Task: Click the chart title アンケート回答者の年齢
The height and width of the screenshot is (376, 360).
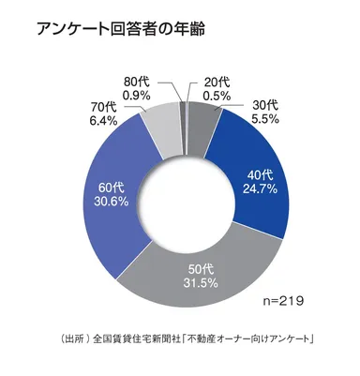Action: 122,28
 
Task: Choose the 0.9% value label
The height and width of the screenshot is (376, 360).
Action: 139,94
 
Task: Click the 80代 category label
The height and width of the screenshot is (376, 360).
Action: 139,80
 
